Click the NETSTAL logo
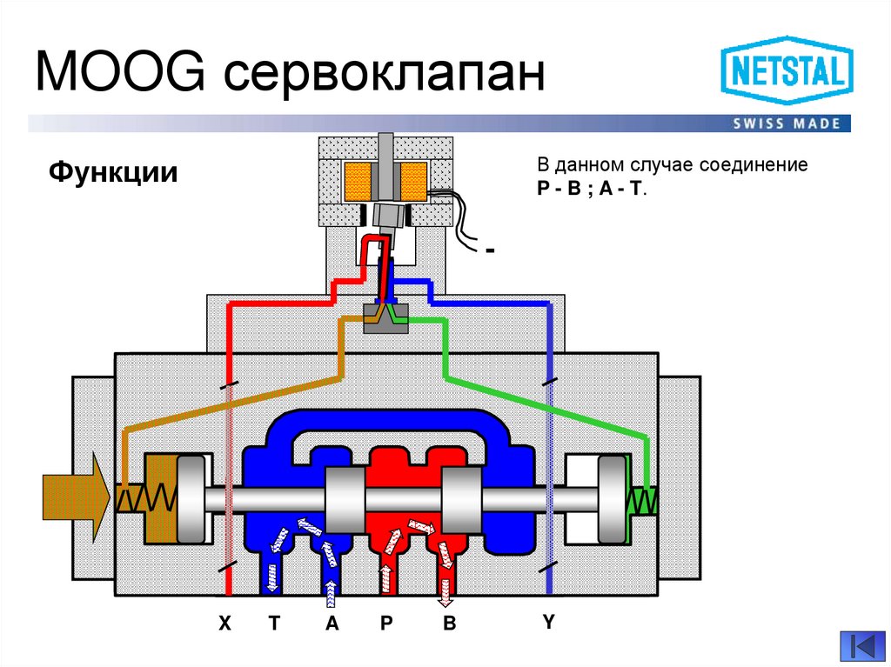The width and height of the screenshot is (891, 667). click(786, 74)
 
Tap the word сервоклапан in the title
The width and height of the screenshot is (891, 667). click(384, 77)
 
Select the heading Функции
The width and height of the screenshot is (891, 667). click(113, 170)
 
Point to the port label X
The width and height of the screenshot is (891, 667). click(224, 624)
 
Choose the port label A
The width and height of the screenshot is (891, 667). click(331, 624)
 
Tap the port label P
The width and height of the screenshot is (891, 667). click(384, 624)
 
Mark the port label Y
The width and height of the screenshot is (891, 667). click(548, 622)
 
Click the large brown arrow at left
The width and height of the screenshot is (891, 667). click(75, 497)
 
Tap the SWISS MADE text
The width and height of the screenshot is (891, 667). click(786, 123)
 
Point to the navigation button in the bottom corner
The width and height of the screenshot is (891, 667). click(861, 646)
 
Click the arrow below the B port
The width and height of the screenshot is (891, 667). click(445, 589)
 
